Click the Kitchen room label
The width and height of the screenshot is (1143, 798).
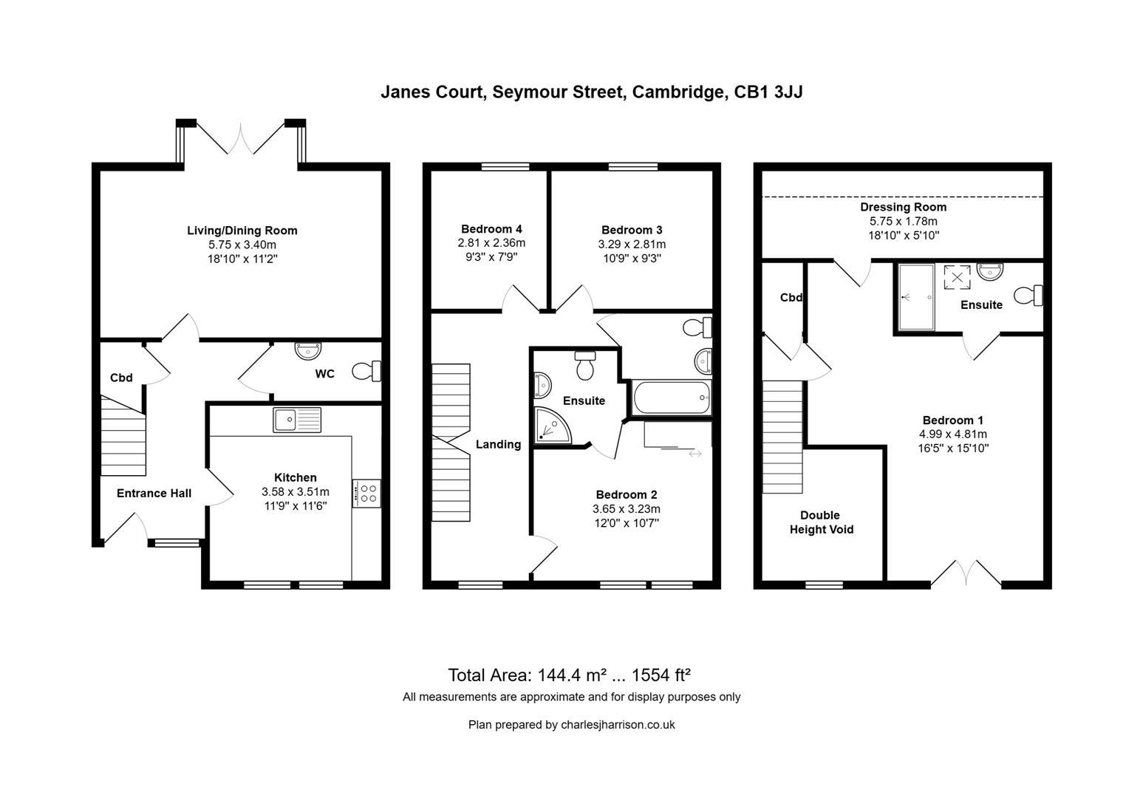296,478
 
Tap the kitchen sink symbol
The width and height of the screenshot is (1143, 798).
296,420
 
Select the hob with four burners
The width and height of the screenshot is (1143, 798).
366,493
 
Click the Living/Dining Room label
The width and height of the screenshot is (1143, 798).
242,231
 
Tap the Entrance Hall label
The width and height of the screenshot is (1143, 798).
154,494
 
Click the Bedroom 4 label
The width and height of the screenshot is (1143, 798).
491,229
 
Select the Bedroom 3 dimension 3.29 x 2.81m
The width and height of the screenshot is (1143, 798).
632,245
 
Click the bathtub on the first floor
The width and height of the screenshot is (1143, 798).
671,398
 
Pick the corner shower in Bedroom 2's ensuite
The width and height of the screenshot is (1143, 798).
551,426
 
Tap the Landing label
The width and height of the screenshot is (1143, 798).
498,445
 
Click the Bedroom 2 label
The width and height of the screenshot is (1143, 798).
627,495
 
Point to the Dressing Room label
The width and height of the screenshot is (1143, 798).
903,208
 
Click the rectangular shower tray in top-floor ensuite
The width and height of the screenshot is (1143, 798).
916,297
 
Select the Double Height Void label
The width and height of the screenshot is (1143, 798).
821,522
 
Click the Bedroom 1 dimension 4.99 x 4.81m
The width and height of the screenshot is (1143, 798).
953,434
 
